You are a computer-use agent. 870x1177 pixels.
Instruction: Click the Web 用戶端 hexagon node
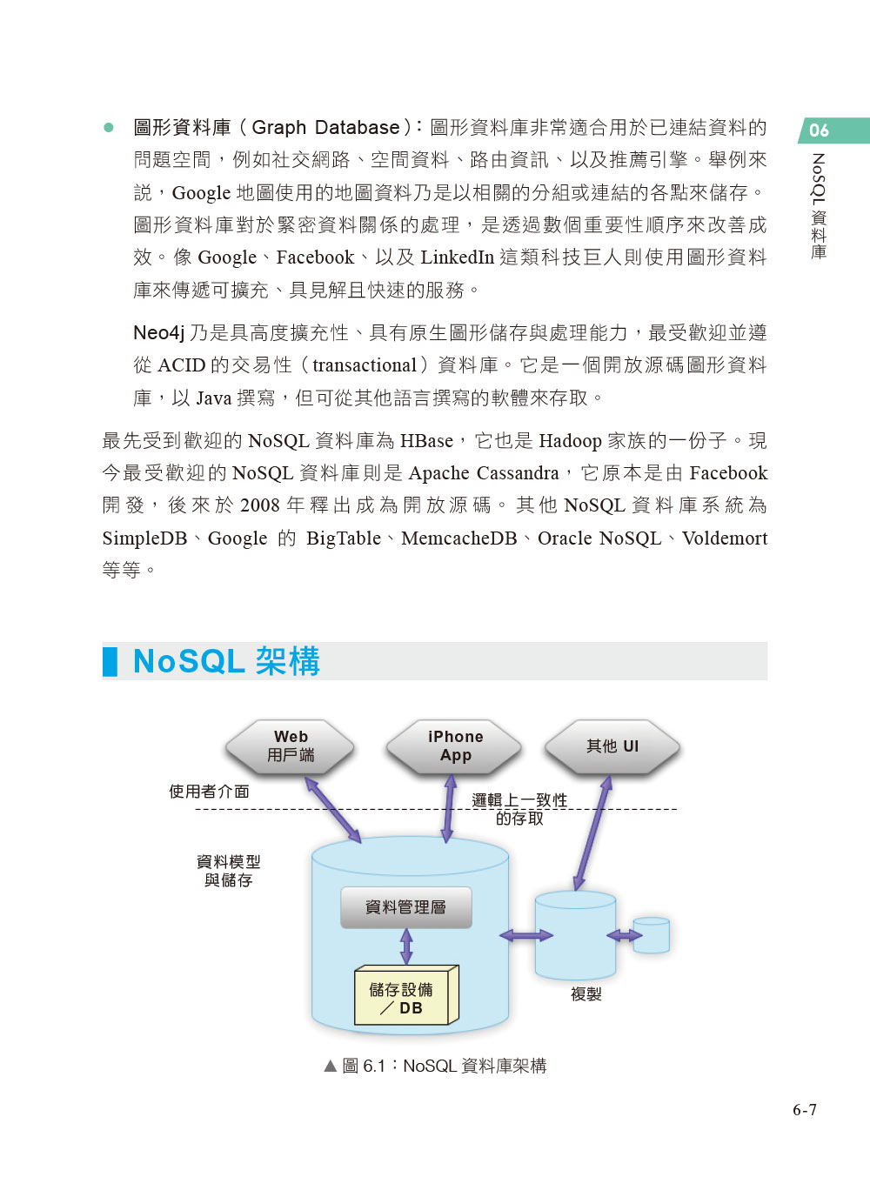coord(290,746)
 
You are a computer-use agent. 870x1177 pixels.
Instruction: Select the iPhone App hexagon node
coord(454,746)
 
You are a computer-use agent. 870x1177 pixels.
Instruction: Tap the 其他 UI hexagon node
coord(612,746)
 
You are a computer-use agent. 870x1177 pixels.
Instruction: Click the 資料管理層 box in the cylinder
coord(405,907)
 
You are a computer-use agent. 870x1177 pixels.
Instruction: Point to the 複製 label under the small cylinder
coord(586,994)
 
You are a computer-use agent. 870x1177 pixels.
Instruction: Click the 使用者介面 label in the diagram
coord(209,792)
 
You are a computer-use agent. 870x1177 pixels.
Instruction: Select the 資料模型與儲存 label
coord(228,871)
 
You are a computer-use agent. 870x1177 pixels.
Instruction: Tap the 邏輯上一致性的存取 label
coord(519,809)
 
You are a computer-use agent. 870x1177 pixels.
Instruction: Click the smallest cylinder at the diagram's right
coord(652,936)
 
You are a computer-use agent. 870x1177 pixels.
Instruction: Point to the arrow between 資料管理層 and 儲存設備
coord(406,946)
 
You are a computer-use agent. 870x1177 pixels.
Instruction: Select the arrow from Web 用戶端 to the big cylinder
coord(333,811)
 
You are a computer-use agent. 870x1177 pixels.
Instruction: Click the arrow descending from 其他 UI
coord(592,833)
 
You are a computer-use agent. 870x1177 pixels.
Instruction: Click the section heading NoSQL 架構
coord(226,661)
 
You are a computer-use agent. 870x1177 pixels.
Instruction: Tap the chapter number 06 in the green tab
coord(819,130)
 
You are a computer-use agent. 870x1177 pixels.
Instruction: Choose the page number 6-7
coord(804,1110)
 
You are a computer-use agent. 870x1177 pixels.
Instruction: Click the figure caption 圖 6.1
coord(435,1066)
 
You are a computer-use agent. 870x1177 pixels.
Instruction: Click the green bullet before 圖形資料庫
coord(109,128)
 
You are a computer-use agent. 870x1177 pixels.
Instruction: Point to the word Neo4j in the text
coord(159,333)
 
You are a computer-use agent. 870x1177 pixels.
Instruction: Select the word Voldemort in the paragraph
coord(725,538)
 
